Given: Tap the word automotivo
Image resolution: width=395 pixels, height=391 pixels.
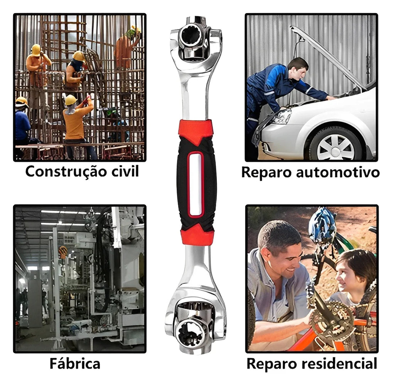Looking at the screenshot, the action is pos(338,173).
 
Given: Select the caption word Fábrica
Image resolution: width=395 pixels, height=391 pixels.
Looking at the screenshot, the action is pos(75,363).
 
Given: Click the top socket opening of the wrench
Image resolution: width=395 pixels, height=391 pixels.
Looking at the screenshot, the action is pos(191,37).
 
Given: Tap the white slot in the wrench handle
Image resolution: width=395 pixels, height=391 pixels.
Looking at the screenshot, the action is pos(196,185).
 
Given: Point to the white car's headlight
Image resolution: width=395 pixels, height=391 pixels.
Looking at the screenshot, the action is pos(281,117).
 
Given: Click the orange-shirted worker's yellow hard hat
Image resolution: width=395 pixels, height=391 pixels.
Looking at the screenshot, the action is pos(71,100).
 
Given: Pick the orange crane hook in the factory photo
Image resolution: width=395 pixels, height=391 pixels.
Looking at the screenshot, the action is pos(63,252).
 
